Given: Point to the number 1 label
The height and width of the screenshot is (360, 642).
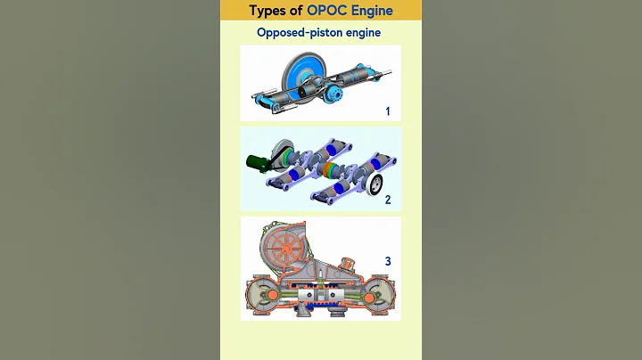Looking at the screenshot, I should coord(388,111).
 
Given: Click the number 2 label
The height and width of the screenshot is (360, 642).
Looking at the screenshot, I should coord(388,200).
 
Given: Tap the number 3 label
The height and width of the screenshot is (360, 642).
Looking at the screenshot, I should coord(388,261).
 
